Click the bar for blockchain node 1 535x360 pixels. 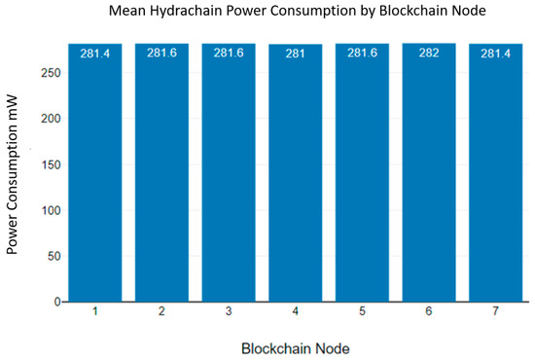click(x=95, y=175)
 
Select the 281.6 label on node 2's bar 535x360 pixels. click(x=161, y=54)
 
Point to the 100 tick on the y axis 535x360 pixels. click(x=49, y=210)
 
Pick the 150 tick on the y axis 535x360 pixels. click(x=49, y=164)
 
